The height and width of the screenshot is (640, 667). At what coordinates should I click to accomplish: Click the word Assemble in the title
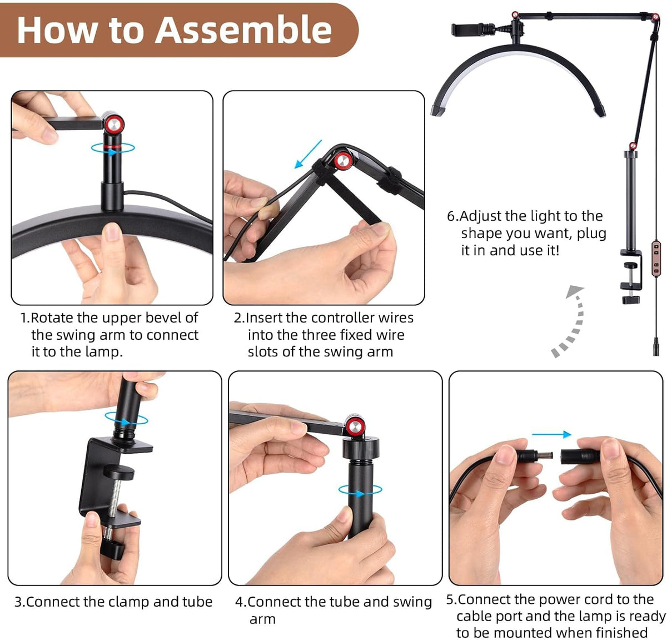click(243, 29)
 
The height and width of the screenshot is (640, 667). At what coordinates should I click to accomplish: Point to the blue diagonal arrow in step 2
click(308, 154)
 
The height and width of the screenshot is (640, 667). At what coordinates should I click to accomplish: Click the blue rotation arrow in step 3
click(126, 419)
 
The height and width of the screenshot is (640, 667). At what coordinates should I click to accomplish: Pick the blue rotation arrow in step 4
click(360, 491)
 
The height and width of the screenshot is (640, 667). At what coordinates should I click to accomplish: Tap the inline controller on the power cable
click(656, 259)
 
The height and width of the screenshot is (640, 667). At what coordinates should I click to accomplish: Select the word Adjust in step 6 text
click(480, 216)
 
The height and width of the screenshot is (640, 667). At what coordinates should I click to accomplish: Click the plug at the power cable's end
click(656, 346)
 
